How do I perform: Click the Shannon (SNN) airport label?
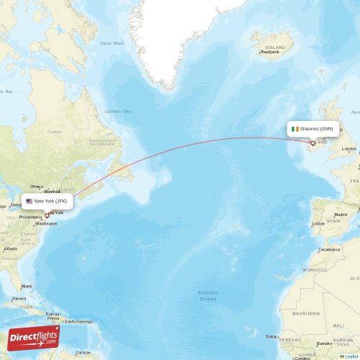tap(317, 129)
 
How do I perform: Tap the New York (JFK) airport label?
tap(55, 202)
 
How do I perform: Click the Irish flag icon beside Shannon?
tap(294, 129)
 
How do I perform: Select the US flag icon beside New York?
tap(30, 202)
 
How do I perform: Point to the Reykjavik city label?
tap(269, 52)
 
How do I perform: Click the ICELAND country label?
tap(274, 46)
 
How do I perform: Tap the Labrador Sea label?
tap(118, 111)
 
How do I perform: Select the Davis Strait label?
tap(112, 43)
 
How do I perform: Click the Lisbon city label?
tap(318, 223)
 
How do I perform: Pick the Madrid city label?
tap(341, 215)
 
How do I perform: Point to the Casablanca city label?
tap(330, 248)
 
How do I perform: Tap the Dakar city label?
tap(271, 336)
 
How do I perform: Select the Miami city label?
tap(27, 285)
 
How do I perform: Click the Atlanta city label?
tap(10, 248)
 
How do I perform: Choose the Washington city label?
tap(45, 225)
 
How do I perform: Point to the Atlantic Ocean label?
tap(208, 295)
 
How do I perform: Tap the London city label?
tap(349, 149)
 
